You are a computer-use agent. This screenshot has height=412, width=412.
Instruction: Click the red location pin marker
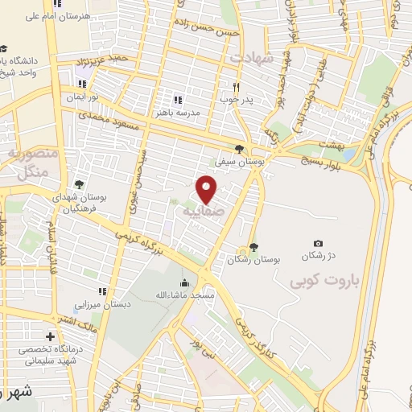[207, 188]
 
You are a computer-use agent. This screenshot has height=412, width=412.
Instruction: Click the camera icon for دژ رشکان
[319, 244]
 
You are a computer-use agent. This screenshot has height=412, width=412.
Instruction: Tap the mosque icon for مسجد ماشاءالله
[185, 283]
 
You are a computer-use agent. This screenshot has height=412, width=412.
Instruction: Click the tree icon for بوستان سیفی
[239, 148]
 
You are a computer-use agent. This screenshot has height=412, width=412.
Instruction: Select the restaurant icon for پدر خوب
[236, 87]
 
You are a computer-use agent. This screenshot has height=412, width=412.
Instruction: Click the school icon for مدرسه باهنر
[177, 101]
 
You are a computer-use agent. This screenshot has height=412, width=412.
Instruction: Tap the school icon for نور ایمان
[81, 84]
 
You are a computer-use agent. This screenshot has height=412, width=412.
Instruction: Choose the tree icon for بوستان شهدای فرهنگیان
[78, 184]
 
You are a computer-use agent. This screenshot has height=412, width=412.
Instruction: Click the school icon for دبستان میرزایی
[102, 291]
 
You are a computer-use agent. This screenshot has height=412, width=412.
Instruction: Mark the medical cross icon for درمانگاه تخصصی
[51, 336]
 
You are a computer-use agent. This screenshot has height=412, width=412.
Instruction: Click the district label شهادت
[252, 59]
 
